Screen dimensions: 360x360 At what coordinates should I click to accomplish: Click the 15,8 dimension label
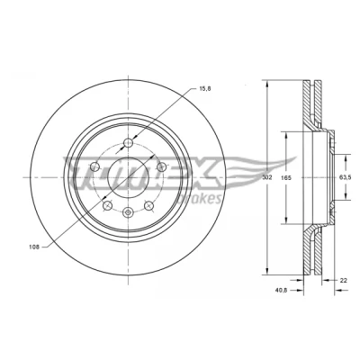205,89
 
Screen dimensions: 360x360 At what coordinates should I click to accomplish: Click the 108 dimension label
34,247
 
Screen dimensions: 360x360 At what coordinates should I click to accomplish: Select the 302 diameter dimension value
266,177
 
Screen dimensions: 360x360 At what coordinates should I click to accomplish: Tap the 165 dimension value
286,178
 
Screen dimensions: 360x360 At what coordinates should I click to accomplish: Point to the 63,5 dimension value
346,177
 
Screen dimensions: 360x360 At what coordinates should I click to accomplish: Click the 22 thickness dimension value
344,281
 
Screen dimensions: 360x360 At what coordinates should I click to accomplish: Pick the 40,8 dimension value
281,290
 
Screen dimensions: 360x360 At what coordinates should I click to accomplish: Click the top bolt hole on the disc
129,143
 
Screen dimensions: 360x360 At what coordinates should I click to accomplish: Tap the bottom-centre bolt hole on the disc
129,212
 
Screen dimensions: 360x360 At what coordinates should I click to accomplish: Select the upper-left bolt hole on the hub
94,166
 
